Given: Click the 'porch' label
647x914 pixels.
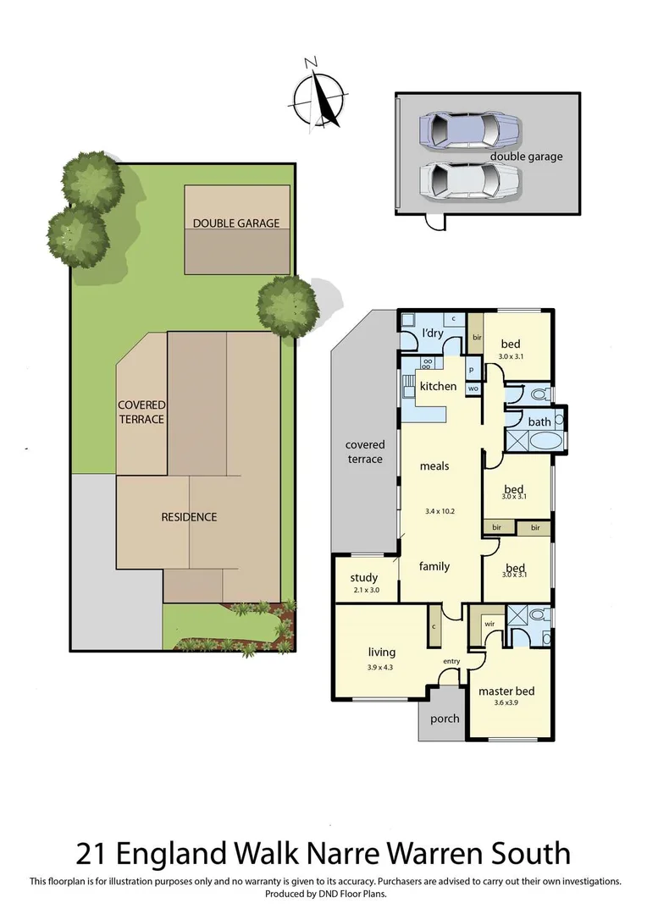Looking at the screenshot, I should [x=445, y=719].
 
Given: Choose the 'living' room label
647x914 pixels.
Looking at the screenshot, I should [x=382, y=652].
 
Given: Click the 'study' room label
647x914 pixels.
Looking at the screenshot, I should [x=364, y=578].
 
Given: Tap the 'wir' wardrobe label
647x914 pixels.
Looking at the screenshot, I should [x=489, y=624].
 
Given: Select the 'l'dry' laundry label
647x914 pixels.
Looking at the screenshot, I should [x=433, y=333].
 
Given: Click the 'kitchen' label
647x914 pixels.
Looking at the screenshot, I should [x=438, y=386].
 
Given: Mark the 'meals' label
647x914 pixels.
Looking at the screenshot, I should [x=434, y=465].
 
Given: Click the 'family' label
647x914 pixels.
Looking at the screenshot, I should [x=434, y=566].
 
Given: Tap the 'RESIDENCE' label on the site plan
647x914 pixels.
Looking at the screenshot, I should [x=189, y=517].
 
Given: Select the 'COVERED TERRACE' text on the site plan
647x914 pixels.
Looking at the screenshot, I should [x=141, y=412].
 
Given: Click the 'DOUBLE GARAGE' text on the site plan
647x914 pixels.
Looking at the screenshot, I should [x=235, y=223].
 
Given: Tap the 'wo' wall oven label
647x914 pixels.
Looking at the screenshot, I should [x=472, y=388].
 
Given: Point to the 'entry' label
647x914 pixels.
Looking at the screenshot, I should [x=451, y=662].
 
